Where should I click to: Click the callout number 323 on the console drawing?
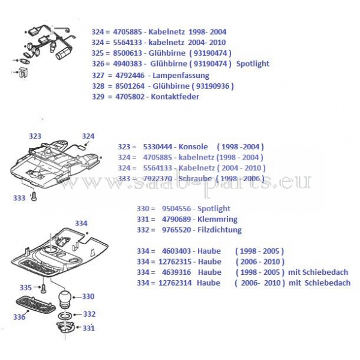click(x=35, y=136)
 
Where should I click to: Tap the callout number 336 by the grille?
click(x=19, y=317)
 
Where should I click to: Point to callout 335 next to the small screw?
click(x=25, y=287)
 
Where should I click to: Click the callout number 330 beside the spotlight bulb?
click(x=88, y=296)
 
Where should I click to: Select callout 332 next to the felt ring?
click(x=89, y=314)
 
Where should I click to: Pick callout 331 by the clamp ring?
click(x=89, y=328)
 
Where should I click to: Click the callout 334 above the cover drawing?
click(x=81, y=223)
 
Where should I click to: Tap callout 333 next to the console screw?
click(x=19, y=198)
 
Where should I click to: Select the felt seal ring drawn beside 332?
click(x=65, y=316)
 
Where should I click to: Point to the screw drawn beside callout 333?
click(x=34, y=197)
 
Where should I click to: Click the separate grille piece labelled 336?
click(x=35, y=305)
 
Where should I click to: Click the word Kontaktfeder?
click(x=175, y=97)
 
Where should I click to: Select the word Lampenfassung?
click(x=181, y=76)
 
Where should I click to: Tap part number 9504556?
click(x=176, y=208)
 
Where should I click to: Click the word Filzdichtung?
click(x=220, y=230)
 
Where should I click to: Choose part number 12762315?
click(x=175, y=262)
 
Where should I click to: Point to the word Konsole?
click(x=193, y=146)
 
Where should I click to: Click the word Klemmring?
click(x=217, y=219)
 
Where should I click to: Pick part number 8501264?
click(x=130, y=86)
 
